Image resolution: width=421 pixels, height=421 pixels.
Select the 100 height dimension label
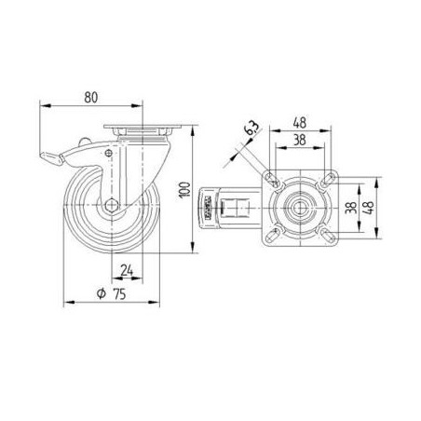(x=184, y=190)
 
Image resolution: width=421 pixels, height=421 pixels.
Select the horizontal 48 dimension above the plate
(x=299, y=122)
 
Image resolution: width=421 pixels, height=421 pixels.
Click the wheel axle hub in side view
(x=110, y=207)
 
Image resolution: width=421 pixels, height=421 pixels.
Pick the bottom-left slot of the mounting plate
(x=273, y=239)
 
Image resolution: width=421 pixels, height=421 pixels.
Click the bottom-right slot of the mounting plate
(x=326, y=239)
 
